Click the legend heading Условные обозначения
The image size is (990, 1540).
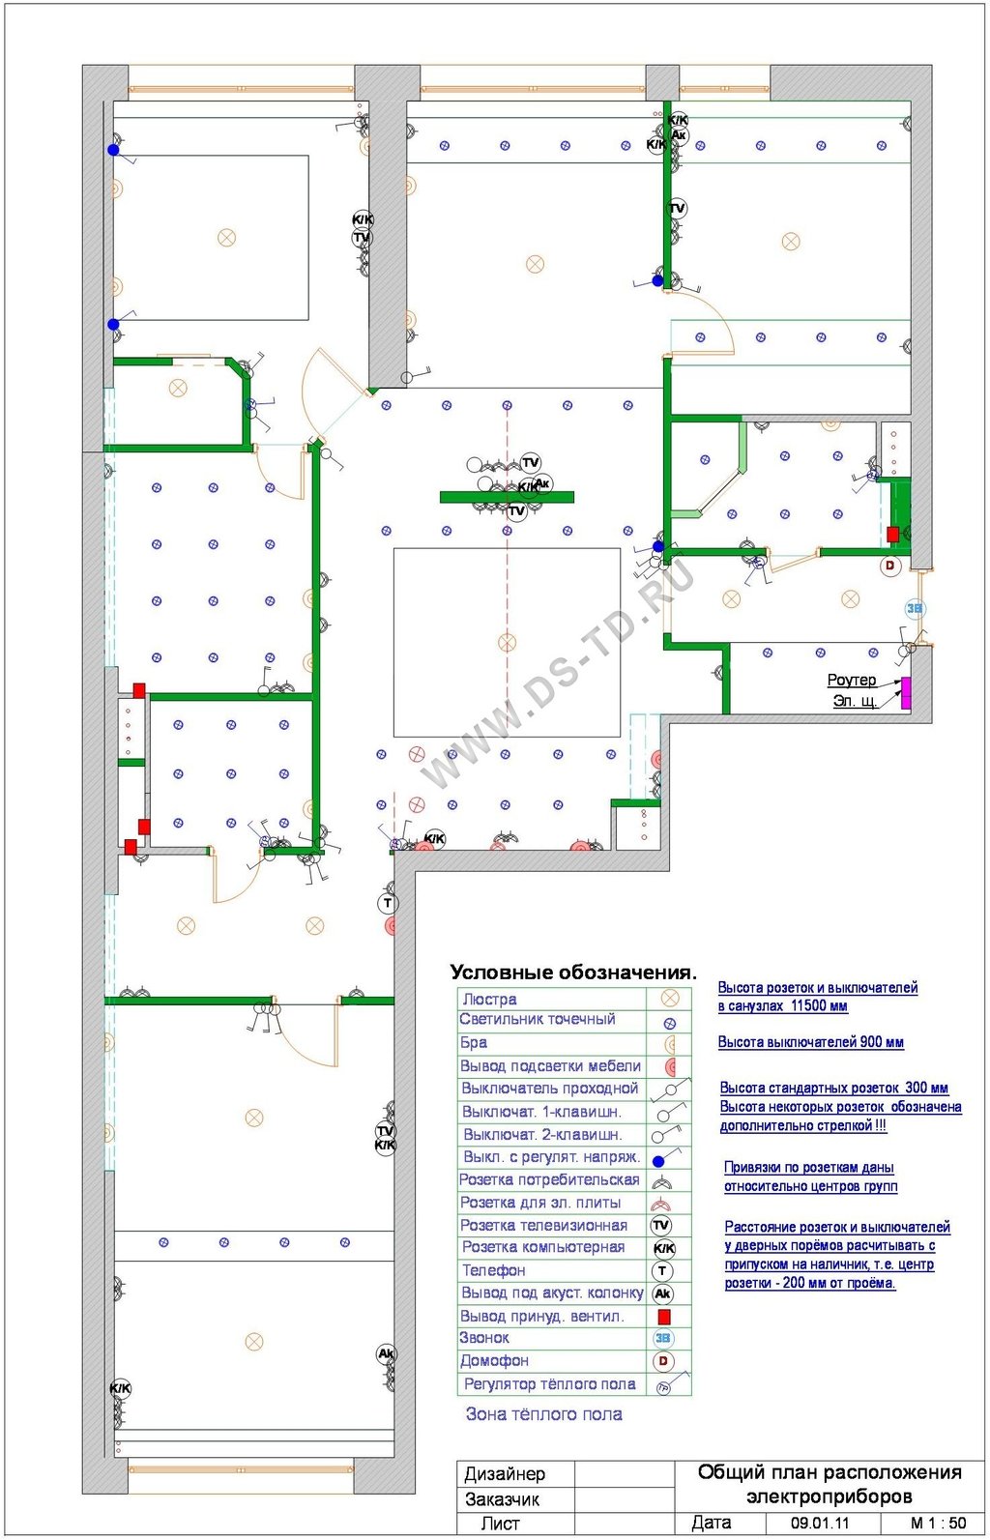tap(573, 973)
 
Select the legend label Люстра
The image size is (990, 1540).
tap(489, 1000)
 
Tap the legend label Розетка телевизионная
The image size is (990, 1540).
tap(543, 1225)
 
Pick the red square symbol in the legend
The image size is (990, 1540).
tap(664, 1317)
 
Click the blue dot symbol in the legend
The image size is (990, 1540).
tap(658, 1161)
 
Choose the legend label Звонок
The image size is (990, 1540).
tap(484, 1338)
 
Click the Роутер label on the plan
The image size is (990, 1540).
tap(852, 680)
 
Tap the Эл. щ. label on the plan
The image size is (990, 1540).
tap(856, 701)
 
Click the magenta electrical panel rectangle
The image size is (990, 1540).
tap(906, 693)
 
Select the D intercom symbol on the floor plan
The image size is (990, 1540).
tap(890, 566)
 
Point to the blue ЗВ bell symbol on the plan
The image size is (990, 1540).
tap(915, 608)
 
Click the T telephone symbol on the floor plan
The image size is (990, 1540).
tap(388, 903)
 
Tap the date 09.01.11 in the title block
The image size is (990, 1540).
tap(820, 1523)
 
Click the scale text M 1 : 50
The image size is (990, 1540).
tap(939, 1523)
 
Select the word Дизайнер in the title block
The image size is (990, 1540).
tap(505, 1474)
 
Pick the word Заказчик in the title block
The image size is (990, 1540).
tap(503, 1498)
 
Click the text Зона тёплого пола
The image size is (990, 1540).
tap(543, 1414)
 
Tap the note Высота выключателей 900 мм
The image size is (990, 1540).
tap(810, 1042)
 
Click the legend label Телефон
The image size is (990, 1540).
tap(494, 1270)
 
